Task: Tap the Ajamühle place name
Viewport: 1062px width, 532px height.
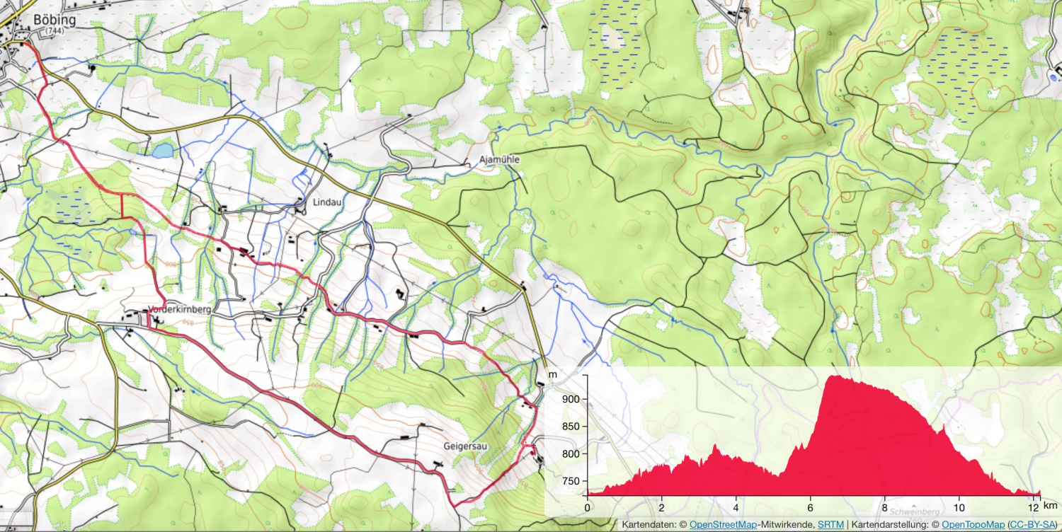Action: [x=500, y=160]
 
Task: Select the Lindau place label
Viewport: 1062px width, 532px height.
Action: [x=328, y=202]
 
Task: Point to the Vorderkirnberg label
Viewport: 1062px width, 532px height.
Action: [x=181, y=309]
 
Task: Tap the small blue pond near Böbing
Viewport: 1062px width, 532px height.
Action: [x=164, y=150]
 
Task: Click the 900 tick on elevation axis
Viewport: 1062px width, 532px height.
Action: [x=571, y=399]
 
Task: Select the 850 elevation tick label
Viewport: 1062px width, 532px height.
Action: [x=571, y=427]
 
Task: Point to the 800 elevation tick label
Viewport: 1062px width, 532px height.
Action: [x=571, y=454]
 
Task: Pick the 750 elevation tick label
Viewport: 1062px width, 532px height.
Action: [x=571, y=482]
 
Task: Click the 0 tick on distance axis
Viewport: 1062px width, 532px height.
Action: [x=587, y=507]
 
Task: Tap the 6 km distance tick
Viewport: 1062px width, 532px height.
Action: [x=810, y=507]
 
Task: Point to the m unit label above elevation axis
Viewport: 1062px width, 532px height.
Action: [x=553, y=374]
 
